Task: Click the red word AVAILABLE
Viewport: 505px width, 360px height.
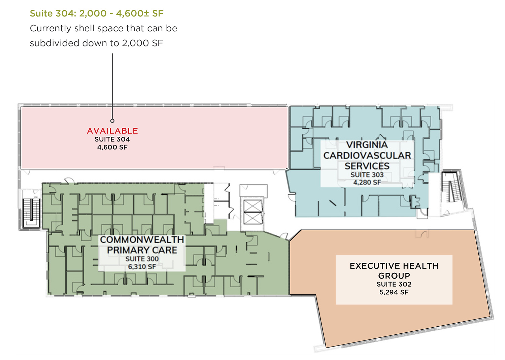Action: coord(112,131)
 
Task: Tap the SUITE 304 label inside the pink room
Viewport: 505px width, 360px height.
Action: coord(112,139)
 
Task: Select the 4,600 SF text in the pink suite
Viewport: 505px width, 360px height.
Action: coord(112,147)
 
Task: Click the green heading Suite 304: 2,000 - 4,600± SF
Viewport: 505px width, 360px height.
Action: coord(97,13)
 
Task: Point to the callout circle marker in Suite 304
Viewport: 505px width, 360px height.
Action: coord(112,121)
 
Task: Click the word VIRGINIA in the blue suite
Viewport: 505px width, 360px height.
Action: coord(367,145)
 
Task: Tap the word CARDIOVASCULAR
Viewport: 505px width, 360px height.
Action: coord(367,156)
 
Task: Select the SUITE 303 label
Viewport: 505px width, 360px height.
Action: coord(367,175)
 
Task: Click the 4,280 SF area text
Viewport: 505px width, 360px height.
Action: coord(367,183)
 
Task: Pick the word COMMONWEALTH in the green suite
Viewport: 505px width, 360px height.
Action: coord(142,240)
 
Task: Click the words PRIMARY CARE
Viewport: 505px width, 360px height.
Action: coord(142,250)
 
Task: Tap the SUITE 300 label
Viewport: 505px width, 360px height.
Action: coord(142,259)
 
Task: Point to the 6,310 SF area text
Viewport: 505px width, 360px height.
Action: coord(142,267)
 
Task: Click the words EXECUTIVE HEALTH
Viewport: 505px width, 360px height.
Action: coord(394,266)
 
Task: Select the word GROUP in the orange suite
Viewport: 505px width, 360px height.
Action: coord(394,276)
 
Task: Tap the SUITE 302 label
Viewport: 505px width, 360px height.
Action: coord(394,284)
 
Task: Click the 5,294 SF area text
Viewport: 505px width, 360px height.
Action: coord(394,292)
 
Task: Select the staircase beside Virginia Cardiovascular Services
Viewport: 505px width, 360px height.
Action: coord(451,187)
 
